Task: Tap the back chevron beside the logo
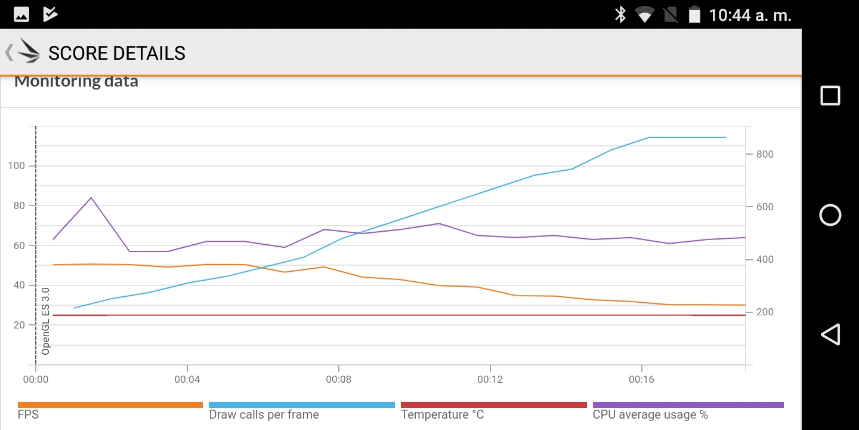point(9,53)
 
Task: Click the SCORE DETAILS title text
point(117,53)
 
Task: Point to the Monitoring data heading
point(76,81)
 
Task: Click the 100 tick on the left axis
point(17,165)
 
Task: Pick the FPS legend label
point(28,414)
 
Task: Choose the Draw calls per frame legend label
point(264,414)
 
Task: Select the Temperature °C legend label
point(442,414)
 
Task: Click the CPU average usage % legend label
point(650,414)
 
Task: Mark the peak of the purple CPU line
point(91,198)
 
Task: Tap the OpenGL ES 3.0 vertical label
point(45,321)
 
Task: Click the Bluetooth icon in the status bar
point(620,14)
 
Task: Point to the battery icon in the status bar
point(694,14)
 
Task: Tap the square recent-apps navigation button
point(830,96)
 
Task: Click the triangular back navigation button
point(830,334)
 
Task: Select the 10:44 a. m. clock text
point(750,15)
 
